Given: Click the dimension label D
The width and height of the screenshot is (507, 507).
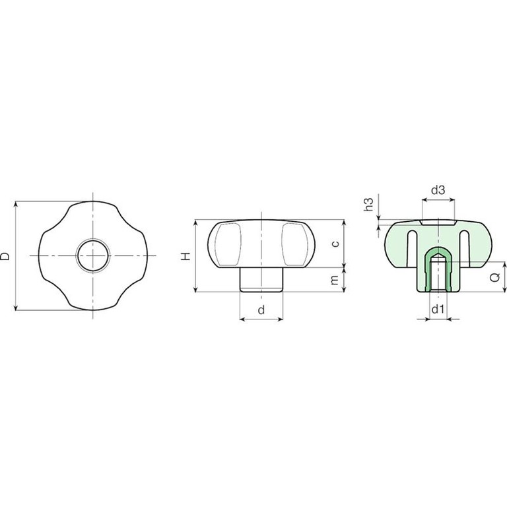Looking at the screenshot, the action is [x=5, y=256].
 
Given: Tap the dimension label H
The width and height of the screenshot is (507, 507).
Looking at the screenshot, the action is [x=186, y=256].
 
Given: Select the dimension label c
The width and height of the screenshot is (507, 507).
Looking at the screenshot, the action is [x=335, y=244].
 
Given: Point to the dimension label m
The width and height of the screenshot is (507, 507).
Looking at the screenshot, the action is [x=335, y=280].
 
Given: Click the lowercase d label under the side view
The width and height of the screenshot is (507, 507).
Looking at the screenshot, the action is [x=261, y=310].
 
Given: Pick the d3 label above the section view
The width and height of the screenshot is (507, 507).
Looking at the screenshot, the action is [x=438, y=190].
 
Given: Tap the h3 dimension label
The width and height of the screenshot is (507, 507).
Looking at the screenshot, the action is [x=368, y=205].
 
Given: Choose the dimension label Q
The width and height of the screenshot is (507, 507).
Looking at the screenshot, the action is [x=495, y=277].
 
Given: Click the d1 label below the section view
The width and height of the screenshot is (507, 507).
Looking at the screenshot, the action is [x=438, y=310].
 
